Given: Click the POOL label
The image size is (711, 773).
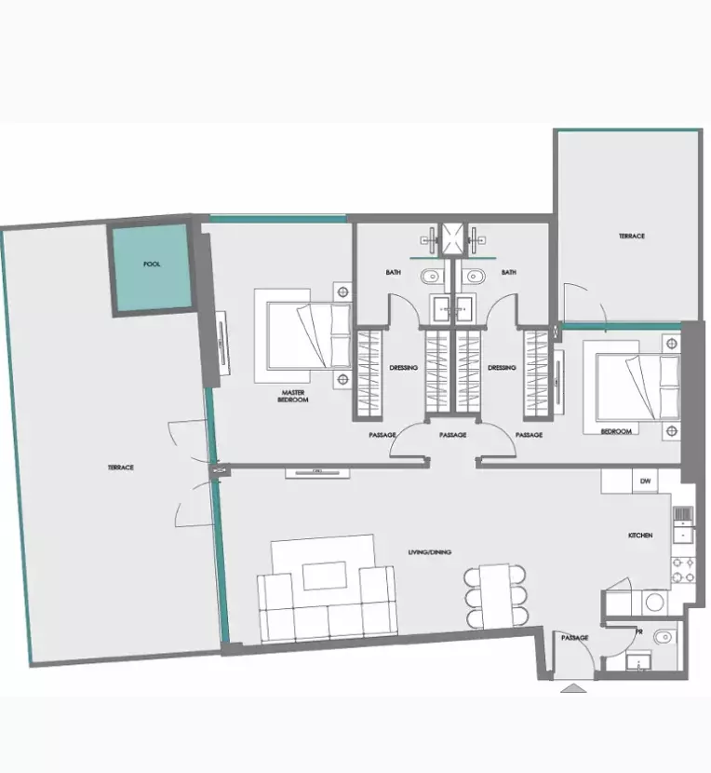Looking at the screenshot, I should point(152,264).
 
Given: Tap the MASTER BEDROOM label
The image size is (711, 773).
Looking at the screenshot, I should point(293,396).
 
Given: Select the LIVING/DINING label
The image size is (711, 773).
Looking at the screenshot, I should point(429,553).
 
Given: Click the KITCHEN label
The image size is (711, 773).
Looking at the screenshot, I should point(639,536).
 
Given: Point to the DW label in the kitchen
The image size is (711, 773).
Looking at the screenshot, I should point(645,482).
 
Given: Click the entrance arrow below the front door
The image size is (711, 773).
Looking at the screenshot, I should point(573,689).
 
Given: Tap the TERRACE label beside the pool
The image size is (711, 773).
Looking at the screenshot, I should point(120,468).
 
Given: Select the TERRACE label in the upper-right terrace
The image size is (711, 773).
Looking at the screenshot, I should point(631,237).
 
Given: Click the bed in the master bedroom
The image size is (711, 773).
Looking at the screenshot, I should point(302,335).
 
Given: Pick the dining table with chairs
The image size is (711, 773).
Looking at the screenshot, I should point(496,596).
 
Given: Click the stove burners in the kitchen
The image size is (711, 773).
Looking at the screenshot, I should point(684,568).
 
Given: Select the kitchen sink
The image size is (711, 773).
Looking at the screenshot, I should point(683,522).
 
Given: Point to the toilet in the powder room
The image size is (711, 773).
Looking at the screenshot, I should point(663,637).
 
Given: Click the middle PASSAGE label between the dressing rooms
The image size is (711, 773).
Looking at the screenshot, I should point(452,435).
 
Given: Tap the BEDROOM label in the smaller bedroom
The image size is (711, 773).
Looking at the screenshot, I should point(616,431).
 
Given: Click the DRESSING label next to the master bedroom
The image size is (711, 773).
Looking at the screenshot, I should point(403,368).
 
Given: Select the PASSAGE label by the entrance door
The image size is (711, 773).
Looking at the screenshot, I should point(574,637).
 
